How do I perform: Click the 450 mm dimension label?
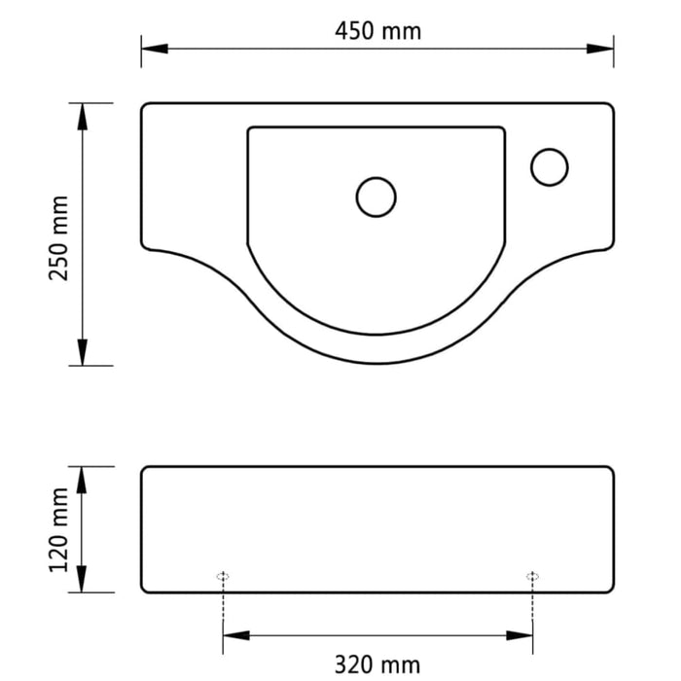[x=378, y=30]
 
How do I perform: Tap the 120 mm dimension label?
[x=60, y=530]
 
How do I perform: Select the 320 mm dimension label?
[x=377, y=664]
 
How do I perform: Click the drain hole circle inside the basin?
[x=376, y=197]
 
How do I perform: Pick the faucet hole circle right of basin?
[x=550, y=166]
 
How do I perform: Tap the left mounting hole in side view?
[x=224, y=577]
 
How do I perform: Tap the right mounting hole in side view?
[x=532, y=577]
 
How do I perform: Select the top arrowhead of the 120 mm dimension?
[x=84, y=478]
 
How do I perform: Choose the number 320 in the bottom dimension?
[x=355, y=664]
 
